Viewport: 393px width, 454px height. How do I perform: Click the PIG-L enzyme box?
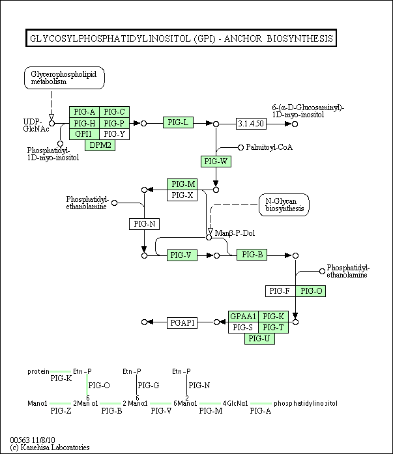coord(178,122)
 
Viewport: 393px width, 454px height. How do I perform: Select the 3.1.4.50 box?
coord(251,124)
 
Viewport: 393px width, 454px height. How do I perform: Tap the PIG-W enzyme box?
coord(216,162)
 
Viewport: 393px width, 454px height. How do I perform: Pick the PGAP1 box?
coord(182,323)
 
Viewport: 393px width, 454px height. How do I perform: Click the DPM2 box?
coord(100,145)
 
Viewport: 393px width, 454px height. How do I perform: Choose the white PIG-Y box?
coord(115,134)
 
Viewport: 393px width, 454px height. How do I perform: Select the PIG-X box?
coord(182,195)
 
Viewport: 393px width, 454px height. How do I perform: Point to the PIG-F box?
coord(280,291)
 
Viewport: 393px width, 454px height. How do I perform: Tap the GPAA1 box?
coord(243,317)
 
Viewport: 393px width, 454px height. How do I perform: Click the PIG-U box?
coord(260,339)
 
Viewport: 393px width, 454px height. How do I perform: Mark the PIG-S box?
coord(243,328)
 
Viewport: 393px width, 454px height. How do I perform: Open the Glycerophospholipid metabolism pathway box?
coord(65,78)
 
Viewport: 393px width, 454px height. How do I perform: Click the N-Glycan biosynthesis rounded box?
coord(284,205)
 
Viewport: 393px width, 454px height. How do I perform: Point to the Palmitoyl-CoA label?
coord(269,147)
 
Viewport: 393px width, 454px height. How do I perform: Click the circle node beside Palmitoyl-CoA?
coord(240,148)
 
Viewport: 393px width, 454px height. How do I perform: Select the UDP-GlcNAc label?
coord(36,125)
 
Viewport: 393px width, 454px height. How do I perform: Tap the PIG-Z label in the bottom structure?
coord(61,411)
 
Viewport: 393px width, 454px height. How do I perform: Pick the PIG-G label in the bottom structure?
coord(149,386)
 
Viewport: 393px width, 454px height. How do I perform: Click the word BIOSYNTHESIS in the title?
coord(300,38)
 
